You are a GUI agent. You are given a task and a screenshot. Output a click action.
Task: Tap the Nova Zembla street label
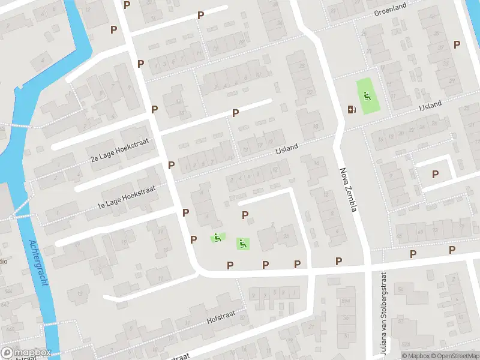(x=349, y=190)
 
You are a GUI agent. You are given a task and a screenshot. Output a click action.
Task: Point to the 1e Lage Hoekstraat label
(x=126, y=197)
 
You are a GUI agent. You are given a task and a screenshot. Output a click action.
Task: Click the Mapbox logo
(x=26, y=353)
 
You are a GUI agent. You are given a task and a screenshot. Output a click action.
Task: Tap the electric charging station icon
(x=352, y=109)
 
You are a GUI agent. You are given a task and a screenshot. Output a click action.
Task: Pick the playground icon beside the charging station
(x=367, y=95)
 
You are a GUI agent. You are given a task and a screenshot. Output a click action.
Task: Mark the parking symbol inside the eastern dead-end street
(x=436, y=174)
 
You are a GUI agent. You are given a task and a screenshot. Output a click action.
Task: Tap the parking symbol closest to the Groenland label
(x=457, y=44)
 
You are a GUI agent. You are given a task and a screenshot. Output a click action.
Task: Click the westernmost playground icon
(x=217, y=238)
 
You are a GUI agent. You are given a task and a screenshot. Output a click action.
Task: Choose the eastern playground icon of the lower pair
(x=242, y=244)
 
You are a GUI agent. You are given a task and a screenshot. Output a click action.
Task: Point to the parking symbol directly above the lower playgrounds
(x=245, y=215)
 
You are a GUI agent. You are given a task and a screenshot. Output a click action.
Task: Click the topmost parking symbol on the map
(x=127, y=5)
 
